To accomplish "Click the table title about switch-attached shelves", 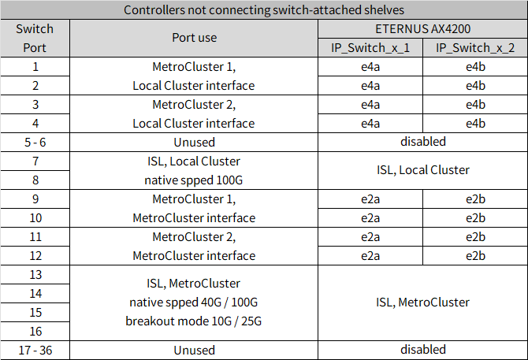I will pyautogui.click(x=264, y=10).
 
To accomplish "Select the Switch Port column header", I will pyautogui.click(x=35, y=38).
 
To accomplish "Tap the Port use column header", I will pyautogui.click(x=193, y=37).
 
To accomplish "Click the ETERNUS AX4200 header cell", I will pyautogui.click(x=422, y=28).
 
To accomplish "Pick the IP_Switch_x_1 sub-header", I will pyautogui.click(x=370, y=47).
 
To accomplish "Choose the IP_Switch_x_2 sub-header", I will pyautogui.click(x=475, y=47).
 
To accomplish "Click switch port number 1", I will pyautogui.click(x=35, y=66).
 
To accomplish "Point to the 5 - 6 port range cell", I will pyautogui.click(x=35, y=142).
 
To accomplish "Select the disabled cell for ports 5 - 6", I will pyautogui.click(x=422, y=142).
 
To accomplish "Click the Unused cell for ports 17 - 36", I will pyautogui.click(x=193, y=350).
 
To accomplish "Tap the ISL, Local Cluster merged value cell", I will pyautogui.click(x=422, y=170).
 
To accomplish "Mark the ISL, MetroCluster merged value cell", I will pyautogui.click(x=422, y=302).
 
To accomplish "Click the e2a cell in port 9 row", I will pyautogui.click(x=370, y=199).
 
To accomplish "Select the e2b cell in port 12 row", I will pyautogui.click(x=475, y=255).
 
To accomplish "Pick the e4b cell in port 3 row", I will pyautogui.click(x=475, y=104).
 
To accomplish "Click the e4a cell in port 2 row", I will pyautogui.click(x=370, y=85).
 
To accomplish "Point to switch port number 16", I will pyautogui.click(x=35, y=331).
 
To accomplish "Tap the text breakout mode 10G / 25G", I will pyautogui.click(x=193, y=321).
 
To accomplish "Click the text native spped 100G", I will pyautogui.click(x=193, y=180).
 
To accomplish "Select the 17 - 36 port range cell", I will pyautogui.click(x=35, y=350).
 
